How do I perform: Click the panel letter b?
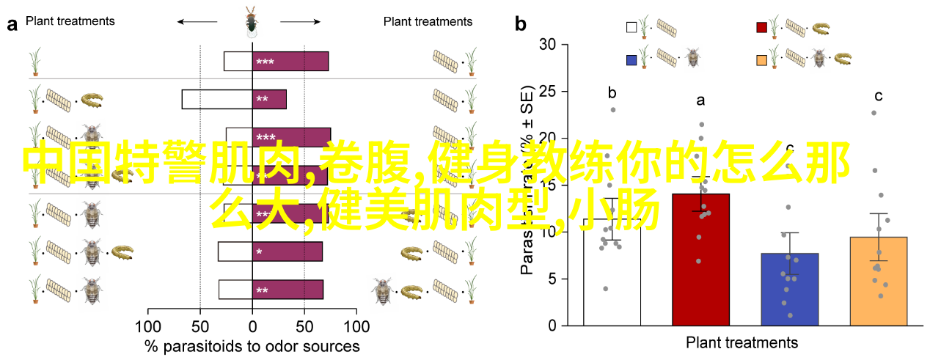pyautogui.click(x=520, y=24)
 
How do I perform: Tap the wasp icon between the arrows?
pyautogui.click(x=251, y=22)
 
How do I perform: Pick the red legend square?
pyautogui.click(x=762, y=28)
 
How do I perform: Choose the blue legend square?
pyautogui.click(x=631, y=58)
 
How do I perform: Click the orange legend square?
pyautogui.click(x=762, y=58)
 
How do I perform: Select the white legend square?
pyautogui.click(x=631, y=28)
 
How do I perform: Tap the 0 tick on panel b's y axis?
pyautogui.click(x=554, y=326)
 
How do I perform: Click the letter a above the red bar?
pyautogui.click(x=700, y=100)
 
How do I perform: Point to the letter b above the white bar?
pyautogui.click(x=612, y=93)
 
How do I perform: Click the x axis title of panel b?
pyautogui.click(x=742, y=342)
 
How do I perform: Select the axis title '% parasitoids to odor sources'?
pyautogui.click(x=252, y=347)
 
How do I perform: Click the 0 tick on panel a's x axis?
pyautogui.click(x=252, y=327)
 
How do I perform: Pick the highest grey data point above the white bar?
pyautogui.click(x=613, y=110)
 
